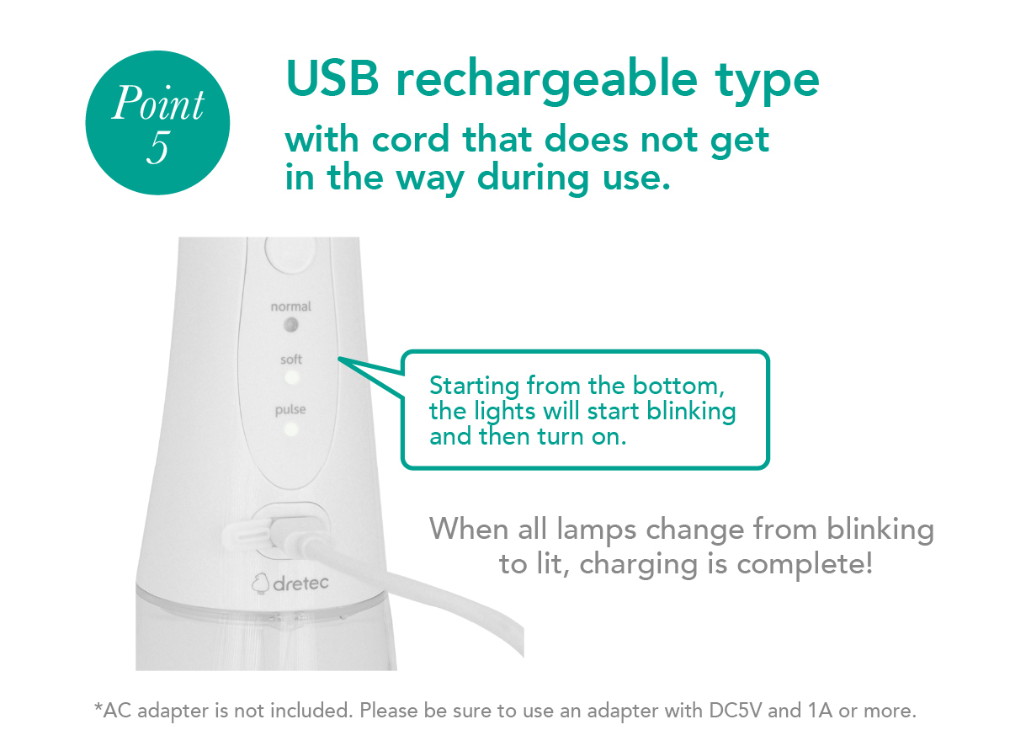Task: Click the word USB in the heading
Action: pyautogui.click(x=332, y=78)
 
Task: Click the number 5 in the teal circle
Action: pyautogui.click(x=158, y=147)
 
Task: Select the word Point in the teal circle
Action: pyautogui.click(x=158, y=103)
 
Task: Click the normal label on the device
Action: pyautogui.click(x=290, y=306)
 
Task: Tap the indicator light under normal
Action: pyautogui.click(x=290, y=325)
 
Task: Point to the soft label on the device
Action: pyautogui.click(x=291, y=359)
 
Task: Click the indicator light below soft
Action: pyautogui.click(x=291, y=377)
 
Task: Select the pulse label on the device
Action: pyautogui.click(x=290, y=410)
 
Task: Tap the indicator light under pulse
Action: pyautogui.click(x=290, y=429)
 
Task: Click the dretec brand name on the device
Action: pyautogui.click(x=300, y=583)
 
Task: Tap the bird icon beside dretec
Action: pyautogui.click(x=260, y=583)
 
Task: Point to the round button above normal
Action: pyautogui.click(x=290, y=254)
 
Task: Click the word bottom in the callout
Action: pyautogui.click(x=676, y=386)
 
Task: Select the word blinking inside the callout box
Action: pyautogui.click(x=691, y=412)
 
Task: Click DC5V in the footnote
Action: pyautogui.click(x=735, y=711)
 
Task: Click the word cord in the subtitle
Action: pyautogui.click(x=411, y=139)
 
